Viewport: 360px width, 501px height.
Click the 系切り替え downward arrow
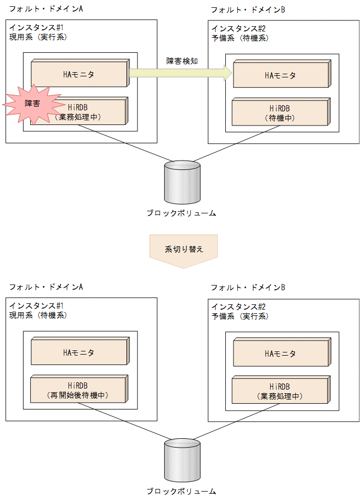pos(183,251)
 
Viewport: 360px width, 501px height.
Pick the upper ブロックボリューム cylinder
pos(182,181)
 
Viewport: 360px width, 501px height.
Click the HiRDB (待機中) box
pos(281,113)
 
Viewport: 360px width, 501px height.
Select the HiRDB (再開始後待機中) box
pos(79,390)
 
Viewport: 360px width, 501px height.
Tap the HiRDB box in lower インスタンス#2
pos(281,391)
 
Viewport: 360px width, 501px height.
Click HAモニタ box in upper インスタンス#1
pos(79,74)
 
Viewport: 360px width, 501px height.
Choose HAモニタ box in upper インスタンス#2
pos(281,75)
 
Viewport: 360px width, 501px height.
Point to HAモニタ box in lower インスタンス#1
pos(79,352)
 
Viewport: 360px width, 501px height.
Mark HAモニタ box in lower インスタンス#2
pos(281,354)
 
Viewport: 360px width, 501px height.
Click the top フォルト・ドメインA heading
pos(46,9)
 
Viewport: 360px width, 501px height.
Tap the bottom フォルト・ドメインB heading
pos(248,288)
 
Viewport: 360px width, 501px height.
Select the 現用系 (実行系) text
pos(38,37)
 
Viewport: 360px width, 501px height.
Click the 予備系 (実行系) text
pos(240,316)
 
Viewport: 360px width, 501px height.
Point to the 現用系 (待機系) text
pos(38,315)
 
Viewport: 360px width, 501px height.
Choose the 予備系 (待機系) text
pos(240,38)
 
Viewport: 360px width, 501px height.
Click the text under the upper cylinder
pos(181,213)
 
